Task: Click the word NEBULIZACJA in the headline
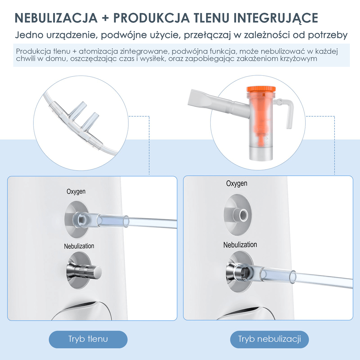click(56, 18)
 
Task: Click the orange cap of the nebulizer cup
click(261, 89)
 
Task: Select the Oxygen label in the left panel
click(76, 192)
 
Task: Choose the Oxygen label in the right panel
click(237, 183)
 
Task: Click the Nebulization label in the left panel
click(79, 246)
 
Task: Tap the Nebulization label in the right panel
click(240, 245)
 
